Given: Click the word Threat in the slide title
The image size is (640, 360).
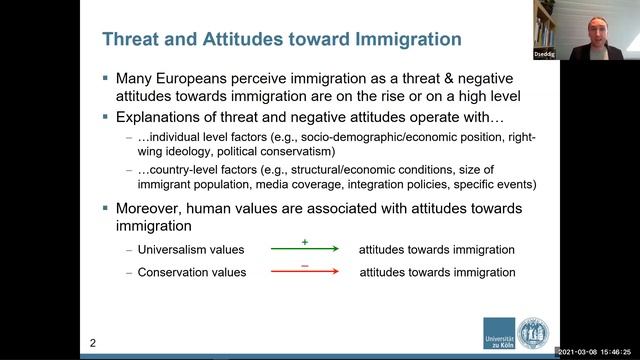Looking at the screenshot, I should tap(132, 39).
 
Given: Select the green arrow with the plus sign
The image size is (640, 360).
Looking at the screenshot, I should tap(304, 248).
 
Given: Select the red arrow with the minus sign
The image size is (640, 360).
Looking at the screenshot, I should tap(304, 272).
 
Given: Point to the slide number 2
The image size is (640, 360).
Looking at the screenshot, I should tap(93, 344).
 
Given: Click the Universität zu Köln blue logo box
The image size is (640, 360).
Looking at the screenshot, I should tap(499, 334).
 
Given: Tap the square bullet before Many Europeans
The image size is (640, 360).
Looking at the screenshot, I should tap(106, 77).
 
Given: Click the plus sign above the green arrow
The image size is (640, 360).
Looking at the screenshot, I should tap(304, 241).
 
